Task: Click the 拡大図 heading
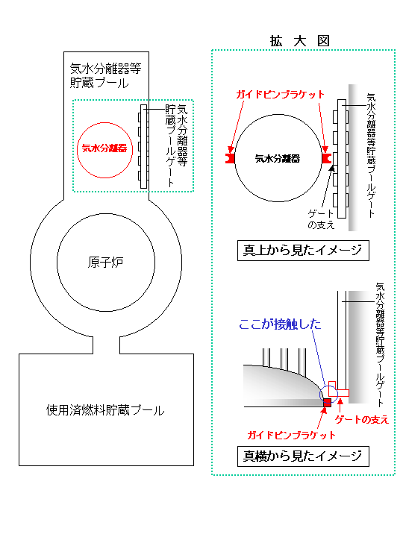tap(300, 41)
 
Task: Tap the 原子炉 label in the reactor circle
tap(105, 263)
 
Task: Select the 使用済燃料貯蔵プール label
tap(105, 410)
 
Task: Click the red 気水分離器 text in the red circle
tap(104, 148)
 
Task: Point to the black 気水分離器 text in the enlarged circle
tap(278, 159)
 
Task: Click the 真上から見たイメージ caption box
tap(303, 251)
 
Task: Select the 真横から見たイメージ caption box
tap(303, 456)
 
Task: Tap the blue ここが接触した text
tap(280, 324)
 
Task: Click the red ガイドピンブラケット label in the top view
tap(280, 95)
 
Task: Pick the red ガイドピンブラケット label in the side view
tap(291, 436)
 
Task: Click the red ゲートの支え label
tap(362, 419)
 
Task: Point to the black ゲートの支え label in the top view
tap(321, 219)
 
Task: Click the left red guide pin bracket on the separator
tap(230, 158)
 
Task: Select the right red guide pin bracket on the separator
tap(327, 158)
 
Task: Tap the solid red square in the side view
tap(328, 403)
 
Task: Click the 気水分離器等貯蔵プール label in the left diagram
tap(105, 75)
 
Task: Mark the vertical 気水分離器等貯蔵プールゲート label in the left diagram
tap(176, 145)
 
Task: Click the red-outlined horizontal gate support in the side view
tap(343, 393)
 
